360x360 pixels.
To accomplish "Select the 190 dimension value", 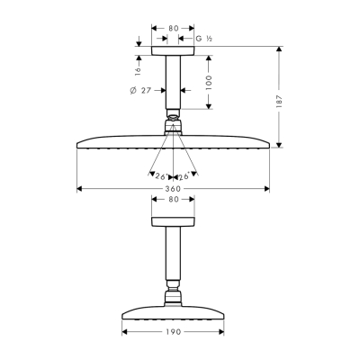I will coord(173,332).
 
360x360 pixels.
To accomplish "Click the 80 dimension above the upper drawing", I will coord(173,29).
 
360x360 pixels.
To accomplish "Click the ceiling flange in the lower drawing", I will coord(173,222).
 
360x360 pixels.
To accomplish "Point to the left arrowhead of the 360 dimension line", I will coord(80,189).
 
